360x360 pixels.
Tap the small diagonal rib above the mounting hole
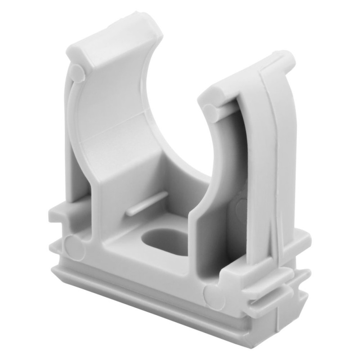(146, 203)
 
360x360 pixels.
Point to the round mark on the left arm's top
(77, 73)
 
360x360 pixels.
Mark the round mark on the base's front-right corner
(213, 297)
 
